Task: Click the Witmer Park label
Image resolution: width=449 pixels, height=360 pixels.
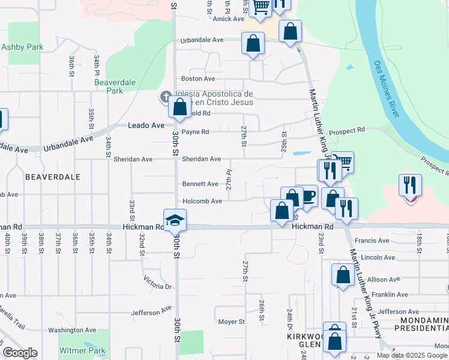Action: point(82,350)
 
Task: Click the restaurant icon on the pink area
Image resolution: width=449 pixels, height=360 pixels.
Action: point(411,185)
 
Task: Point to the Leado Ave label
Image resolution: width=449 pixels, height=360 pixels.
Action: point(146,125)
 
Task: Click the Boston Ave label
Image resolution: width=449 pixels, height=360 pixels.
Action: point(198,79)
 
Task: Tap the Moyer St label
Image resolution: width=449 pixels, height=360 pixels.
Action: point(231,322)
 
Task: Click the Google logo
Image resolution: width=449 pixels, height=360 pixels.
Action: point(20,353)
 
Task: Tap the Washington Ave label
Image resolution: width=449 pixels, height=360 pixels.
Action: point(72,330)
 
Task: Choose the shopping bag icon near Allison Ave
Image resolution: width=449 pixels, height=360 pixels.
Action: point(342,275)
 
